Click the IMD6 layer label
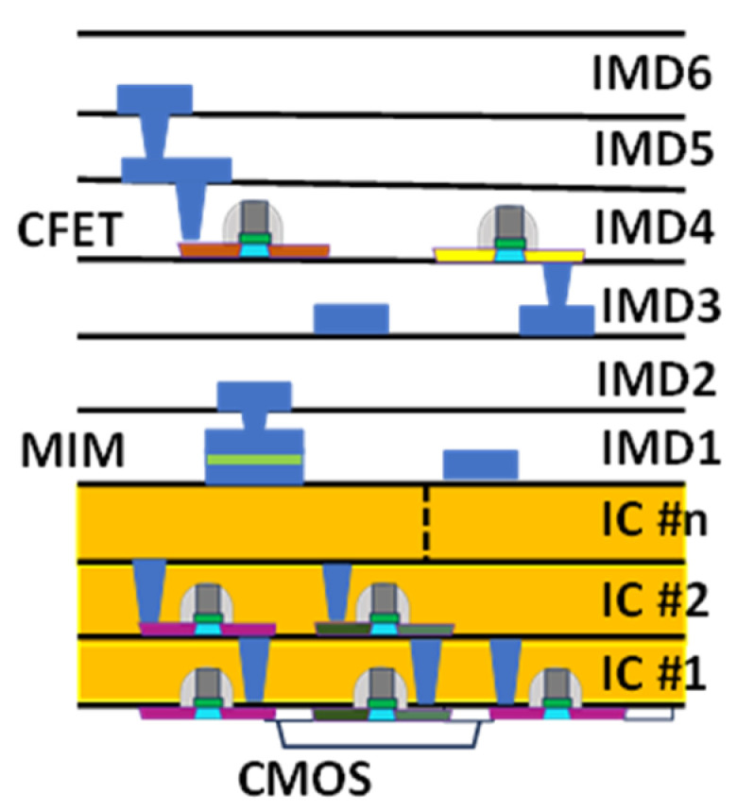[x=652, y=73]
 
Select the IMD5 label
[x=654, y=149]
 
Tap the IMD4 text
[x=655, y=227]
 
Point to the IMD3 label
[x=661, y=305]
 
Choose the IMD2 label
[x=657, y=380]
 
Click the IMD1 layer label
[x=661, y=447]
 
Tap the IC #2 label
[x=656, y=599]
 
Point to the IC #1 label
[x=655, y=674]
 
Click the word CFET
[x=70, y=229]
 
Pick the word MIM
[x=73, y=450]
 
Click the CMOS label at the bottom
[x=304, y=779]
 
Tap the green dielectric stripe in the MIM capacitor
[x=254, y=460]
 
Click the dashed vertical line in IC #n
[x=426, y=522]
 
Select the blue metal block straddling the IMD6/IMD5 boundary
[x=155, y=99]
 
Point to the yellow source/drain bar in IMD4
[x=509, y=255]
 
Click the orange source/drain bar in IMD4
[x=254, y=250]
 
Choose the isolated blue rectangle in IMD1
[x=481, y=464]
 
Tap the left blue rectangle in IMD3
[x=351, y=319]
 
